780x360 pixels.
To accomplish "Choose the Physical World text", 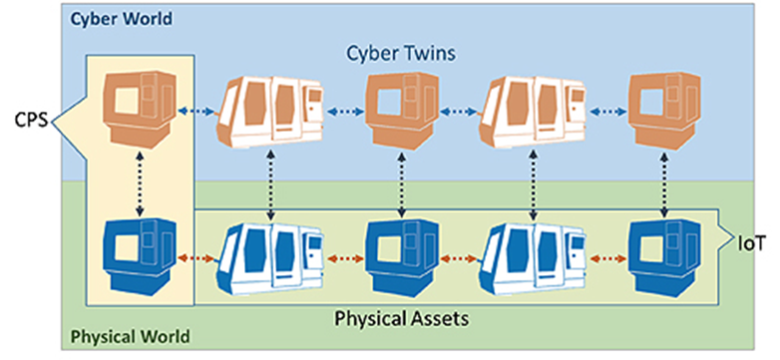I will (x=131, y=336).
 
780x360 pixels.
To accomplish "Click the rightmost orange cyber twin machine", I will (x=661, y=104).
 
